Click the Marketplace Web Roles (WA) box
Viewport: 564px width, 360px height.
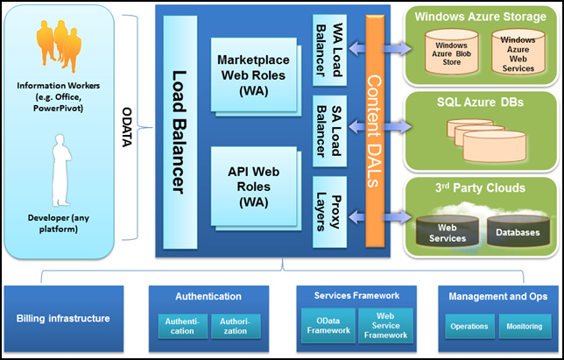point(254,74)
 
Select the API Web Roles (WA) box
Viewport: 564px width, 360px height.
point(254,187)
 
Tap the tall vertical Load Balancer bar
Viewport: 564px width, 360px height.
point(180,132)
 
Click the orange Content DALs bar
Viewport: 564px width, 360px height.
point(375,131)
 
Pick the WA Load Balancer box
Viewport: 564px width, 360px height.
point(329,50)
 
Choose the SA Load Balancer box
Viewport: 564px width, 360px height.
point(329,131)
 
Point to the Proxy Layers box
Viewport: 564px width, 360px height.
point(329,212)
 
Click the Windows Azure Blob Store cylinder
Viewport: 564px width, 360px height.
point(451,52)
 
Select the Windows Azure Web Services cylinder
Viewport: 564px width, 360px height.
point(518,52)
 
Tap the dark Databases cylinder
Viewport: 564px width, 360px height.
point(518,230)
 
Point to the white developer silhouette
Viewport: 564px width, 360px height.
point(61,170)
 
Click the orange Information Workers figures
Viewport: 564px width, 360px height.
point(59,46)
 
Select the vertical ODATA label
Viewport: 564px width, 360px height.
point(127,127)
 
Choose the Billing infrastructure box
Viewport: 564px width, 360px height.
point(64,319)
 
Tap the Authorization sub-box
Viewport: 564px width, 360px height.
point(236,326)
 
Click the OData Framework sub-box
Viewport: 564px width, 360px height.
point(328,326)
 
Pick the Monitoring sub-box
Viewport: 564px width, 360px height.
point(525,326)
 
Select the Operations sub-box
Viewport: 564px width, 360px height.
point(469,326)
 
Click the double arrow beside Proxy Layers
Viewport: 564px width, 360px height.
point(380,217)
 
